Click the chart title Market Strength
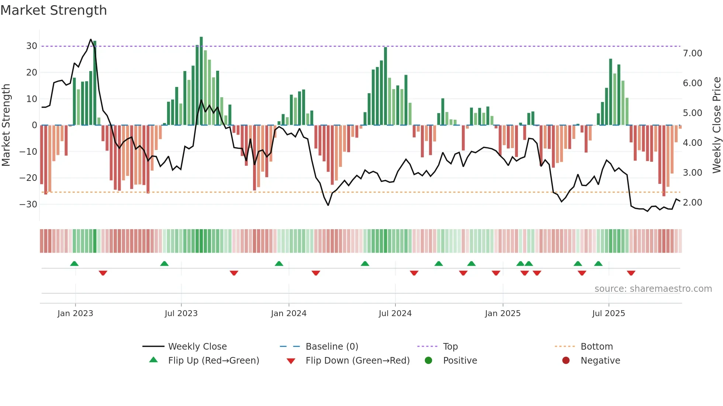point(53,10)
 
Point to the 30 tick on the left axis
point(32,46)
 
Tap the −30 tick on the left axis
point(28,204)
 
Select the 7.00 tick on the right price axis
point(692,53)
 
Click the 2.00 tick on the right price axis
point(692,203)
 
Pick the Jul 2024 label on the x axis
point(395,314)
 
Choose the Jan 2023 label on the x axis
point(75,314)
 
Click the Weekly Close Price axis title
point(716,125)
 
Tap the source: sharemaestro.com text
point(653,289)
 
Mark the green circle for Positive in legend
point(428,360)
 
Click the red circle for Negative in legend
point(566,360)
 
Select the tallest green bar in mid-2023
point(201,81)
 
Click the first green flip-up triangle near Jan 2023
point(74,264)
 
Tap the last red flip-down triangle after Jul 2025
point(631,273)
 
